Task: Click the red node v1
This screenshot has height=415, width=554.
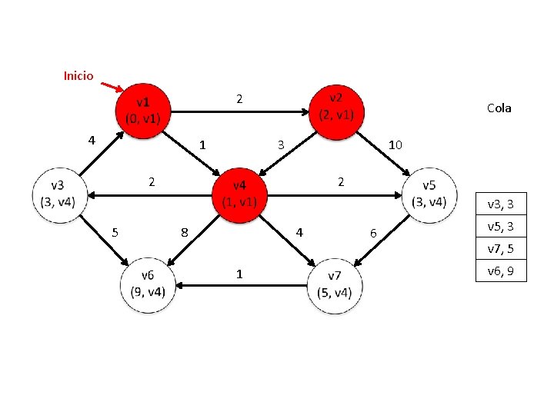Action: coord(143,111)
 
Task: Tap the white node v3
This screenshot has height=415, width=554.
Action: coord(58,194)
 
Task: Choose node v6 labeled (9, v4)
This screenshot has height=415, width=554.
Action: coord(148,285)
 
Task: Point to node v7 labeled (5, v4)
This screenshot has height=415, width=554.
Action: coord(335,285)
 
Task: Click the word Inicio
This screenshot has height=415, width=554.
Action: coord(78,76)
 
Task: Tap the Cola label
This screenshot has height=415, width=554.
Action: coord(499,108)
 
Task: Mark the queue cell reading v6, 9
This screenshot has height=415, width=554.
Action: coord(501,271)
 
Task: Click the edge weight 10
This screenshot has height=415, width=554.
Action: coord(395,144)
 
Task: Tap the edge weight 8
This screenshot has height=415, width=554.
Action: coord(184,232)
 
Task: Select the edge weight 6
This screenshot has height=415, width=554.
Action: coord(374,232)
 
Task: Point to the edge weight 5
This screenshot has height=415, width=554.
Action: coord(115,232)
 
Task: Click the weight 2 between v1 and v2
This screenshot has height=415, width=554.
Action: coord(239,99)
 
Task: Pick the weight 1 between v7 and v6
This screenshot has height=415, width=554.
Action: coord(240,274)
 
